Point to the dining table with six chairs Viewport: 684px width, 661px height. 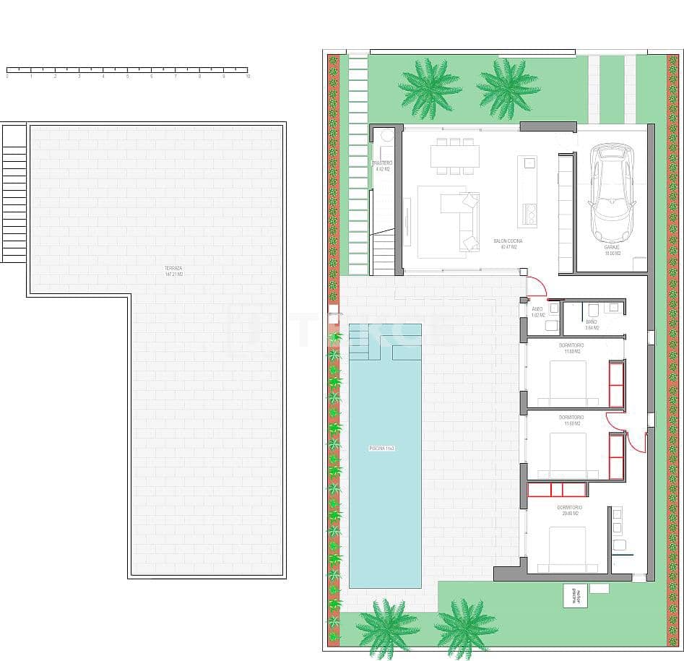[455, 156]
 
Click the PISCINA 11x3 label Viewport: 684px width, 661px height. [381, 448]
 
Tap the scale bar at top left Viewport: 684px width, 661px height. [127, 70]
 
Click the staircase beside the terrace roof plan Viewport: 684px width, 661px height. [14, 194]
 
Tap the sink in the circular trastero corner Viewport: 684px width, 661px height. [386, 136]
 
